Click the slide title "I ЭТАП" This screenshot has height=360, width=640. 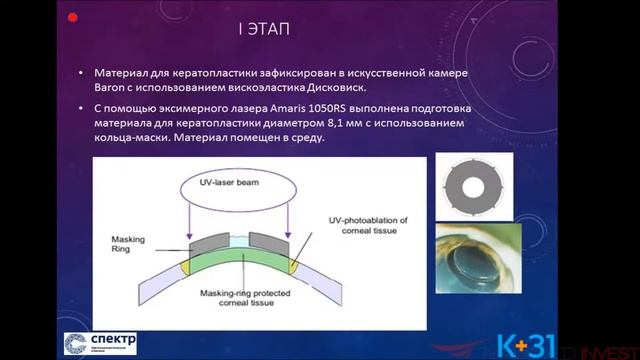(264, 28)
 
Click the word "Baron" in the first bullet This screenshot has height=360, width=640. (111, 89)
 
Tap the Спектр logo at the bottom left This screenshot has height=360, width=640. (101, 343)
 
